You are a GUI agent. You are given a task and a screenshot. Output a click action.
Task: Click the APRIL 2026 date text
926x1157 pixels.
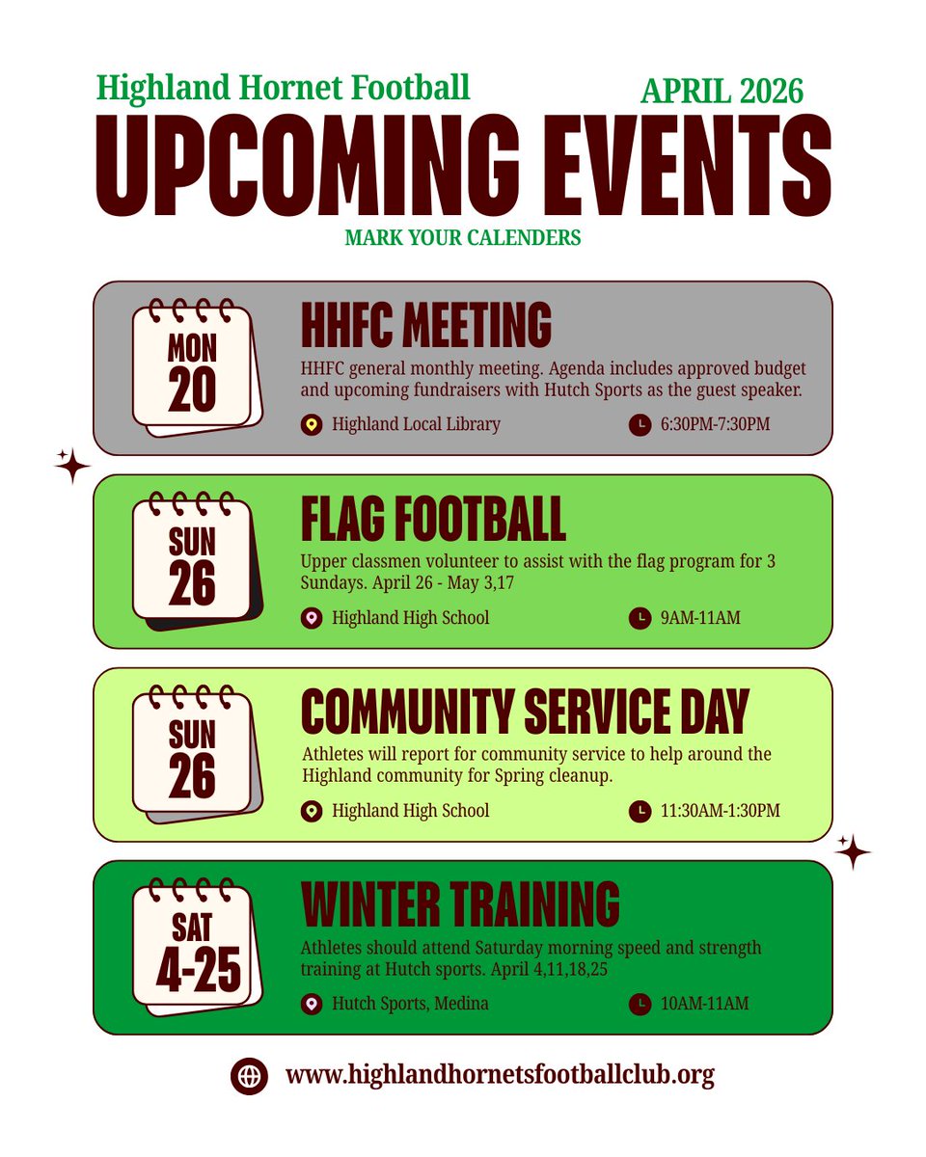[x=722, y=91]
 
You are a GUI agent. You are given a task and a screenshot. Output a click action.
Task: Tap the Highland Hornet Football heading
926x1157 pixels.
[x=283, y=88]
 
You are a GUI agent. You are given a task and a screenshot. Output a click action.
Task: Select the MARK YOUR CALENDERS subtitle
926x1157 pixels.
[x=463, y=236]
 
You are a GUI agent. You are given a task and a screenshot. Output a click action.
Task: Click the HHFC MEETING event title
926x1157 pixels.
[x=426, y=324]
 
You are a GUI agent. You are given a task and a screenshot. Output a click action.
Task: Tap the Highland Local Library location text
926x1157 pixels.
[x=416, y=423]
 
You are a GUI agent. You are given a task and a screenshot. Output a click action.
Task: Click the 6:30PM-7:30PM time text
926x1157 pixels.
[x=715, y=423]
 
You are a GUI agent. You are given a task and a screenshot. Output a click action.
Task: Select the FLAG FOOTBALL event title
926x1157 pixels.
[x=433, y=521]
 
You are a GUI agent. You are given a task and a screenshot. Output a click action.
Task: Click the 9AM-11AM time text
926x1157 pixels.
[x=700, y=617]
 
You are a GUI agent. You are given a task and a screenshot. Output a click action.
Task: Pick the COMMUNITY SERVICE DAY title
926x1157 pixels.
[x=525, y=713]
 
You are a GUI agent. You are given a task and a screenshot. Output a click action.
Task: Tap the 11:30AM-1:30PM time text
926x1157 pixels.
[x=720, y=811]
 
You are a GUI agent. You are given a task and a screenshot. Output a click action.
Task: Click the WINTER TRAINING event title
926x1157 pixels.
[x=460, y=904]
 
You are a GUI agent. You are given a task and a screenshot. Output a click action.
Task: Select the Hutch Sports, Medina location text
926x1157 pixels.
[x=410, y=1004]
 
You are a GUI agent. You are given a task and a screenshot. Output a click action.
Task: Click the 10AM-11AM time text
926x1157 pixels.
[x=704, y=1004]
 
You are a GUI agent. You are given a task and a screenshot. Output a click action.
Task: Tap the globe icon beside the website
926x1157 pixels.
[x=249, y=1074]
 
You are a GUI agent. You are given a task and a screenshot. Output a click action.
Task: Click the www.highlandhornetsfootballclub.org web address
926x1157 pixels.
[x=500, y=1074]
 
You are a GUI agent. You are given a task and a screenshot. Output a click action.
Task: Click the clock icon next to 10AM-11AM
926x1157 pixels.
[x=639, y=1004]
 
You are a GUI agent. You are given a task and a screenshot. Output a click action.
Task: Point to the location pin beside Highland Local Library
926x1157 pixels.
[x=311, y=423]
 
